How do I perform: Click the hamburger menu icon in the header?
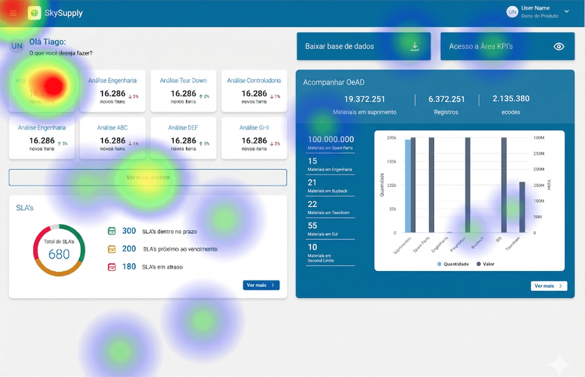(13, 13)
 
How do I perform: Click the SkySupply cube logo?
(34, 13)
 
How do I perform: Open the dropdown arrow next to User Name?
(567, 12)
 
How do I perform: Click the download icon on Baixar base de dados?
(414, 46)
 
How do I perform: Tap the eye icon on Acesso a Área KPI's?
(559, 46)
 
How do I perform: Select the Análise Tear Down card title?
(183, 81)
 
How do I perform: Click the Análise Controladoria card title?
(254, 81)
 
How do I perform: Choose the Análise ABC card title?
(112, 128)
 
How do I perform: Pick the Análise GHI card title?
(254, 128)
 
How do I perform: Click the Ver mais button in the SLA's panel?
(261, 285)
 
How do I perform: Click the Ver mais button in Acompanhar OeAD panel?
(548, 286)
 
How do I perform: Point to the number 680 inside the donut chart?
(59, 254)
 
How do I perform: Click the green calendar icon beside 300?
(112, 231)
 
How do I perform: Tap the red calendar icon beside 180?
(112, 267)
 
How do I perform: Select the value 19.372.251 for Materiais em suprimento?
(364, 99)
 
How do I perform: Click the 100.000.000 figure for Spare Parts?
(331, 139)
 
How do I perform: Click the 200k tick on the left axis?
(391, 138)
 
